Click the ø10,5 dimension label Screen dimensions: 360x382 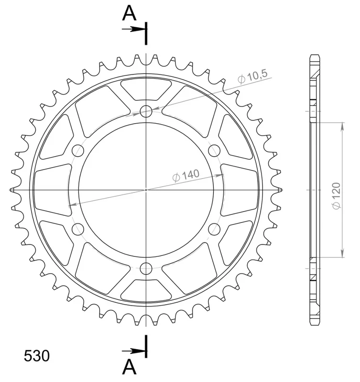click(x=253, y=76)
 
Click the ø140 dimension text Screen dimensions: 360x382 click(x=186, y=175)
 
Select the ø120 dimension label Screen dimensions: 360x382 click(x=337, y=196)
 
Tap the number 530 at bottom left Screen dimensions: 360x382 click(x=37, y=356)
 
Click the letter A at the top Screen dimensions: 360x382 click(x=129, y=13)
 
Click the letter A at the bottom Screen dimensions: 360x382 click(x=129, y=367)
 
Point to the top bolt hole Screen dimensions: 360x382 click(x=146, y=112)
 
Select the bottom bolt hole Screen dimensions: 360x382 click(x=146, y=269)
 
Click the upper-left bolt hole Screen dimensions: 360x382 click(x=78, y=151)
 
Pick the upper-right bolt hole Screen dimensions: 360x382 click(x=214, y=151)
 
